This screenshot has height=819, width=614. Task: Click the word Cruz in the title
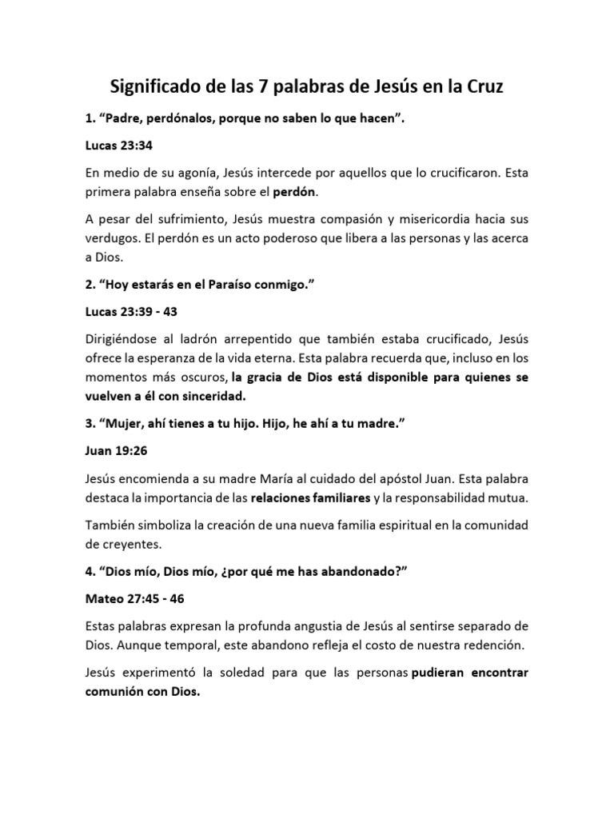479,86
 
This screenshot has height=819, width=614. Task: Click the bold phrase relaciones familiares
310,498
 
